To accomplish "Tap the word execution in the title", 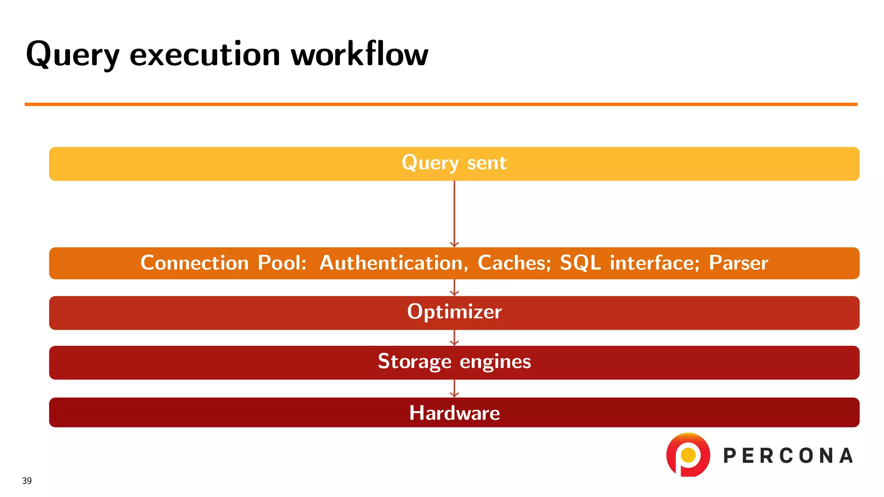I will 205,55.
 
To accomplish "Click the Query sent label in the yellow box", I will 454,163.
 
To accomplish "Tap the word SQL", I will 580,263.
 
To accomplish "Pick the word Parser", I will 738,263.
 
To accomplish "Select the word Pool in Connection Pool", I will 281,263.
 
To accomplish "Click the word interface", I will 654,263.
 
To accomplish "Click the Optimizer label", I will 454,312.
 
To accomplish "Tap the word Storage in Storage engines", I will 414,361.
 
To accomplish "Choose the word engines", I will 495,362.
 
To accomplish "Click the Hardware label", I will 454,413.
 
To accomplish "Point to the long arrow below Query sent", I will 454,214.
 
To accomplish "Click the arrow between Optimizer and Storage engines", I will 454,338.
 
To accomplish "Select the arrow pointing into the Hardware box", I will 454,389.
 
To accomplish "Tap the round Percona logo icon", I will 688,455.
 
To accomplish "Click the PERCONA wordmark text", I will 788,456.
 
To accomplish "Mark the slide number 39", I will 27,481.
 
